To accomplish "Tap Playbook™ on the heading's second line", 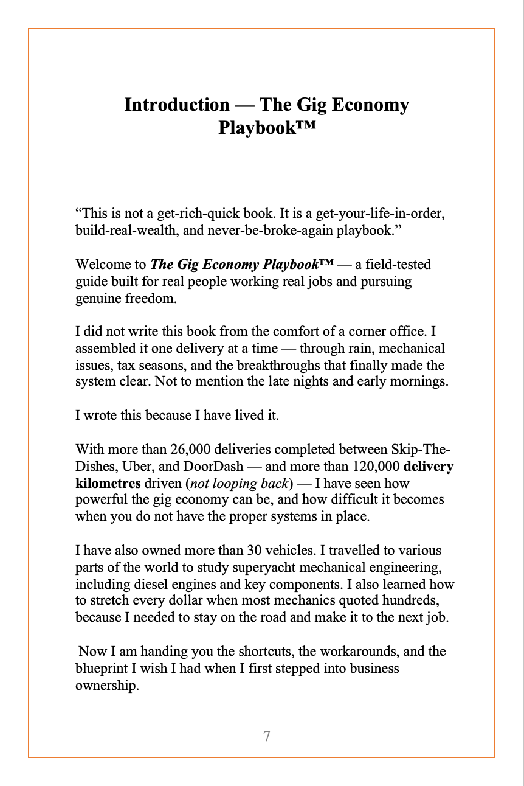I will point(267,129).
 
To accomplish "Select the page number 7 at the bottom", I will point(266,736).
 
